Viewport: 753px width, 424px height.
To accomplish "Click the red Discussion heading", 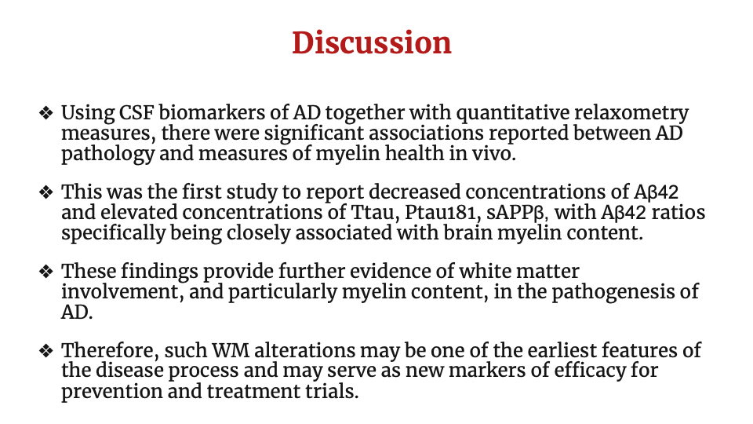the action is [372, 42].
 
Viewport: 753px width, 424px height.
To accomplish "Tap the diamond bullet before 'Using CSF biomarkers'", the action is [46, 113].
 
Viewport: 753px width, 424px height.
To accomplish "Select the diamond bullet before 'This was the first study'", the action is [46, 193].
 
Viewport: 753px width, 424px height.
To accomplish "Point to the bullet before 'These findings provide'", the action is [46, 272].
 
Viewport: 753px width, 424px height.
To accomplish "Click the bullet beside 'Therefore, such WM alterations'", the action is [46, 351].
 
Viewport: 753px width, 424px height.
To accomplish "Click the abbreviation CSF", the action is [136, 113].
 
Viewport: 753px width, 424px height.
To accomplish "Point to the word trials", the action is [333, 391].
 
